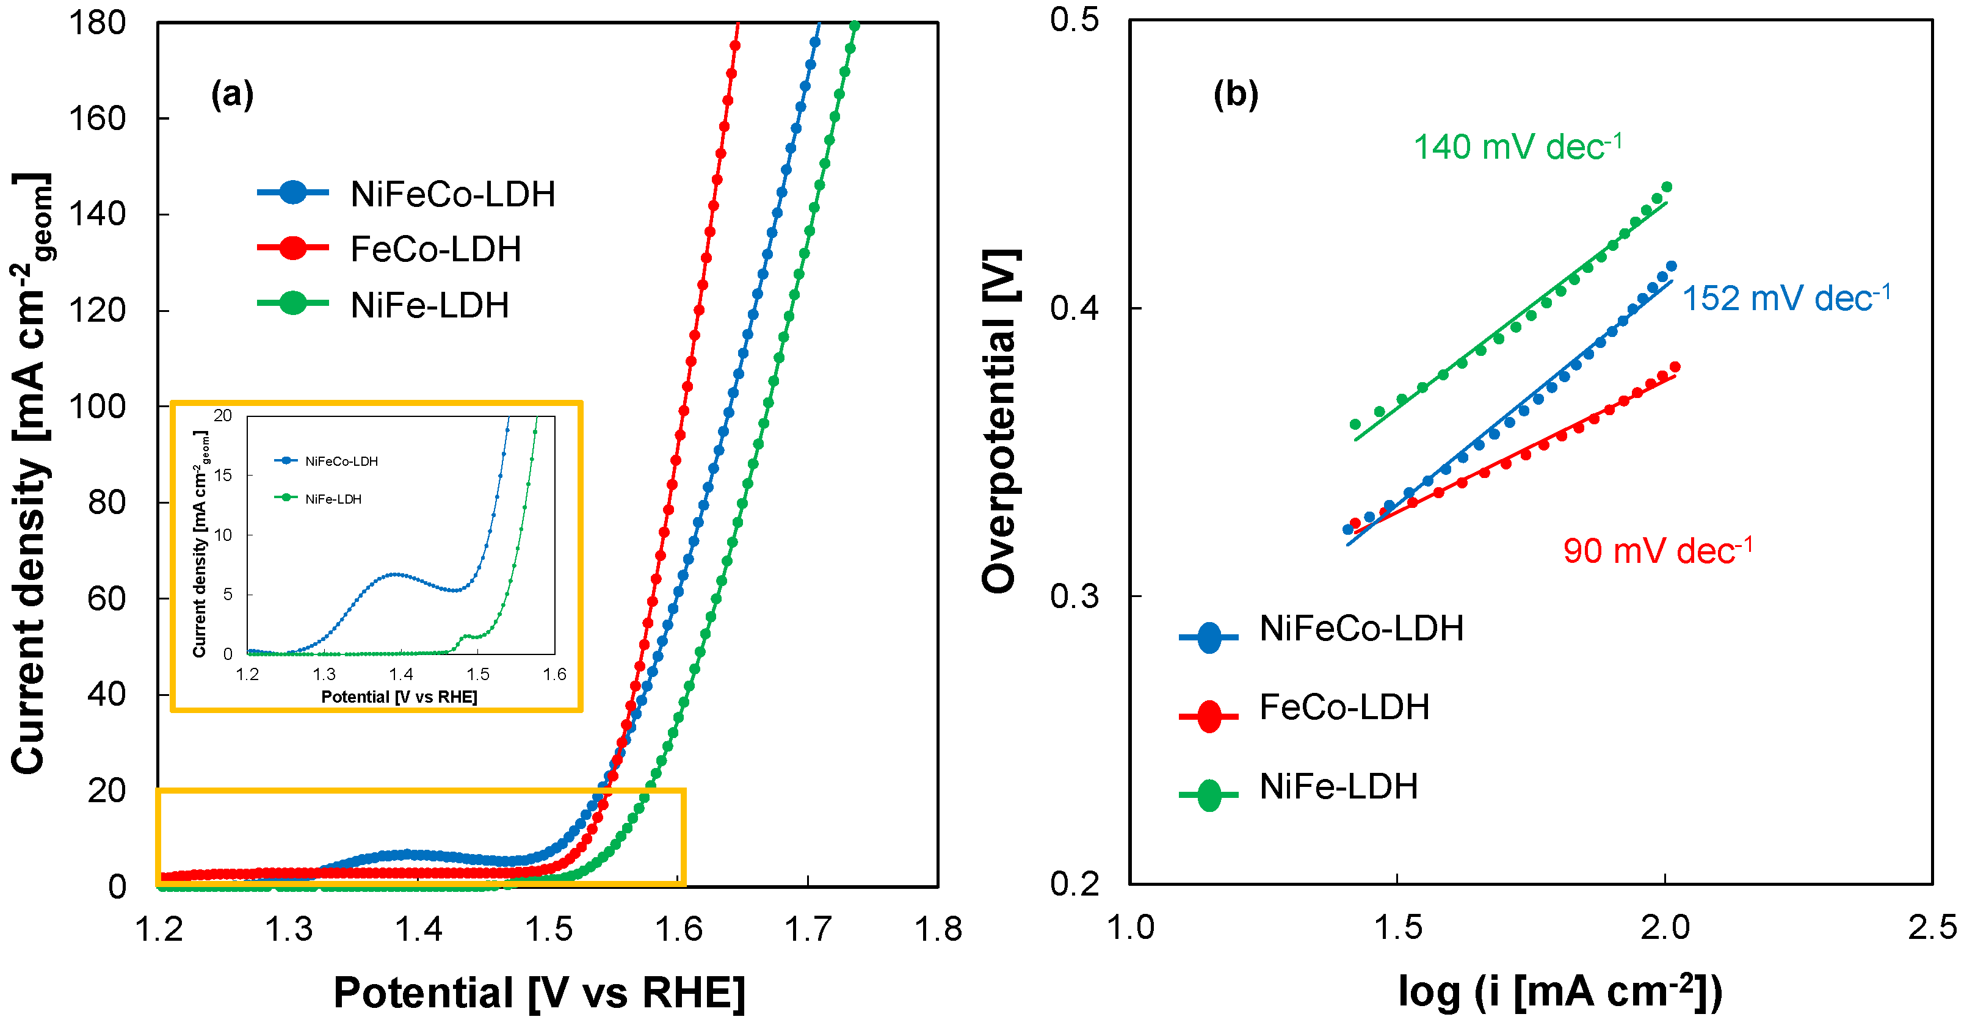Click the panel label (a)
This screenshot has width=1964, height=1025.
(x=232, y=95)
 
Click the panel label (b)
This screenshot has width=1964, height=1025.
(x=1235, y=95)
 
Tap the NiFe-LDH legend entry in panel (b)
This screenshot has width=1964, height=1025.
(x=1338, y=786)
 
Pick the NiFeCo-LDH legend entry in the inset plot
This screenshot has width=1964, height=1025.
(x=341, y=462)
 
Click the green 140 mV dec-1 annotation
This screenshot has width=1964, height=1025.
(x=1517, y=147)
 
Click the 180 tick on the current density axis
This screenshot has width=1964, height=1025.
(x=97, y=23)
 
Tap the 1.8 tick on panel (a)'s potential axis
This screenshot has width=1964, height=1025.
(x=937, y=929)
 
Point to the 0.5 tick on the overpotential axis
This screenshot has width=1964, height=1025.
(x=1074, y=20)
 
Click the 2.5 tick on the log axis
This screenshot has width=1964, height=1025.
(x=1932, y=927)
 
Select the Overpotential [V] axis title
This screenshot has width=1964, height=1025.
(x=999, y=422)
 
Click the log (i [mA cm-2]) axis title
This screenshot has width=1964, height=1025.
(x=1559, y=991)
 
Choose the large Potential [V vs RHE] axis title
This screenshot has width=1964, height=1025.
(x=539, y=992)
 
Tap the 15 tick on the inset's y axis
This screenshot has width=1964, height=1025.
(x=223, y=475)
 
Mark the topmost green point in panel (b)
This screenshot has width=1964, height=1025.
(x=1666, y=187)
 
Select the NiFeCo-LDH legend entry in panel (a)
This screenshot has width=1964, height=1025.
(x=452, y=194)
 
